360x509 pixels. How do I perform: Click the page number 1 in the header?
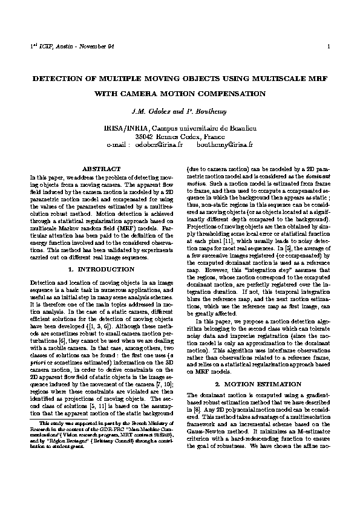coord(327,47)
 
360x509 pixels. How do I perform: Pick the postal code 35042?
coord(148,137)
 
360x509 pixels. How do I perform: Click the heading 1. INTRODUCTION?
coord(100,268)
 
